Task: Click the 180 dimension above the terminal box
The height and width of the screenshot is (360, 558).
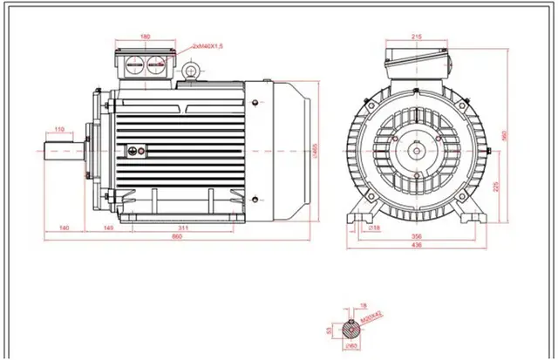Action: [x=144, y=37]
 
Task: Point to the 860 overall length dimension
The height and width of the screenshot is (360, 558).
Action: [x=177, y=236]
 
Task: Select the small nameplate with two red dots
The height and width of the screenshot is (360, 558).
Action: [x=135, y=152]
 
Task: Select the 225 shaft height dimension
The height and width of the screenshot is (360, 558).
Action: [x=496, y=185]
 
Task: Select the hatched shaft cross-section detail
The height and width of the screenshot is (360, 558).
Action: [x=352, y=329]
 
